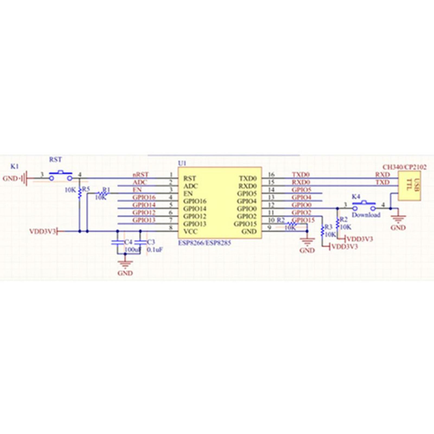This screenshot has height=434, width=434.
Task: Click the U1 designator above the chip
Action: click(x=182, y=163)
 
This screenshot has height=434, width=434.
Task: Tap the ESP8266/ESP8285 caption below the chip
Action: click(x=204, y=243)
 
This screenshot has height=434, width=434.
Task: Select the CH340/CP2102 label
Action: click(x=404, y=167)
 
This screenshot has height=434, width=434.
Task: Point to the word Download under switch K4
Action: click(x=366, y=215)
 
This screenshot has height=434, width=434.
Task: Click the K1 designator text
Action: click(x=14, y=166)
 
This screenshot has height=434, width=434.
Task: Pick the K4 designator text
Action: click(x=356, y=197)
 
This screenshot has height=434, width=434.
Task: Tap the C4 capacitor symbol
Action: click(x=117, y=242)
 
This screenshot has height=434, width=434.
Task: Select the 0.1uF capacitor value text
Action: click(x=155, y=250)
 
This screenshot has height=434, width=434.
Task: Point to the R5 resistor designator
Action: click(x=86, y=189)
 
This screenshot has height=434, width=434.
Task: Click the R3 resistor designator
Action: click(x=328, y=227)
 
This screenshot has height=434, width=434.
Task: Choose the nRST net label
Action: click(x=141, y=175)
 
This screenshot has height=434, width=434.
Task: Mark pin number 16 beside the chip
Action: click(x=271, y=175)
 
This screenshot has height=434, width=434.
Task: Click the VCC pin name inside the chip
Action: click(x=190, y=232)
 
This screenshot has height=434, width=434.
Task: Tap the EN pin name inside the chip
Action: click(x=188, y=194)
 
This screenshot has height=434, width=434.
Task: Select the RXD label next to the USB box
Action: click(x=382, y=175)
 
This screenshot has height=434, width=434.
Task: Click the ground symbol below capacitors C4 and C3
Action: click(x=125, y=263)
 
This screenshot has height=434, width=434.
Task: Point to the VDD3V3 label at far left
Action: click(x=43, y=231)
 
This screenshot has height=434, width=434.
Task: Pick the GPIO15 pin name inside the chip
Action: click(x=245, y=224)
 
